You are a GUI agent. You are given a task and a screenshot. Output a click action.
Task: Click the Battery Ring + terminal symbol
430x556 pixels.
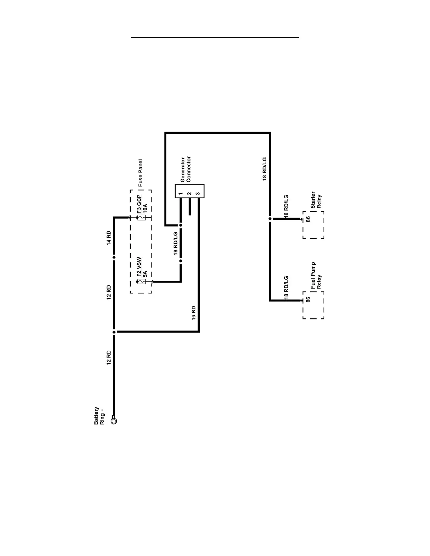113,420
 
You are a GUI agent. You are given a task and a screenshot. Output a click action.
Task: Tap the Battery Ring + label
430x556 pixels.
99,416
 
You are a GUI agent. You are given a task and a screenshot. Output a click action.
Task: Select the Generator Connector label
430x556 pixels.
185,169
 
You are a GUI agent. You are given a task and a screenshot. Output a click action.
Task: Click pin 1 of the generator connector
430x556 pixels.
180,194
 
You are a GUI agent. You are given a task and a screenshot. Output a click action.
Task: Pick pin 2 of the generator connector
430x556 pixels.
189,194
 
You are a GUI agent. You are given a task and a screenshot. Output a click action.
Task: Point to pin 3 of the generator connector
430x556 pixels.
198,194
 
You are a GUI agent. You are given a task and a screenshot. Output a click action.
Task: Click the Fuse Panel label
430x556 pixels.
141,173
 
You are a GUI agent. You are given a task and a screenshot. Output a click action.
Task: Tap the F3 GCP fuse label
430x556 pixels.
139,204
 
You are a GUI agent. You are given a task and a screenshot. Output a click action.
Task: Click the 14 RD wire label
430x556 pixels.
109,238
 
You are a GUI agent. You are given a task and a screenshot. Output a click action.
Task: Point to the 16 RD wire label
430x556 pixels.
194,313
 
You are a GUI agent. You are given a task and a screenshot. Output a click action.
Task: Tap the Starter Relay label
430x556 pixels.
316,200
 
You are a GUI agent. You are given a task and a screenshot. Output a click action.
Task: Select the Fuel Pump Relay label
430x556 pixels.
316,276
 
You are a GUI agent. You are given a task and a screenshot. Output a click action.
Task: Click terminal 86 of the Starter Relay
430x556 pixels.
308,219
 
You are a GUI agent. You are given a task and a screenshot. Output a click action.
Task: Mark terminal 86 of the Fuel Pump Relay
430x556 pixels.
308,300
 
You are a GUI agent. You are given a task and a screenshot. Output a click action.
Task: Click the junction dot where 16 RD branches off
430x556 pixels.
114,332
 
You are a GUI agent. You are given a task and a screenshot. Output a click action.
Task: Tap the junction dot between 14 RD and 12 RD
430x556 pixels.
114,257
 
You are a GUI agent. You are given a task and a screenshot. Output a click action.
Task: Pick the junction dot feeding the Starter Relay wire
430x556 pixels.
270,219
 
